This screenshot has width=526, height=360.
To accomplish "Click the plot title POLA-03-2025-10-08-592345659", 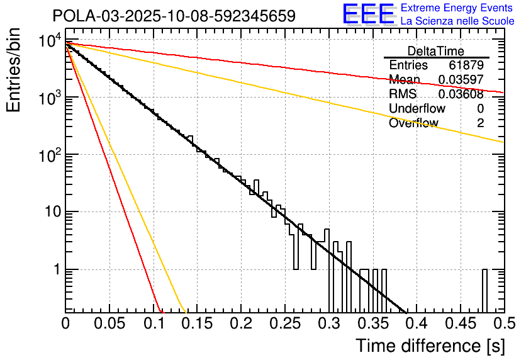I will point(174,16).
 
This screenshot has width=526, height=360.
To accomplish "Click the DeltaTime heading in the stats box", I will point(435,51).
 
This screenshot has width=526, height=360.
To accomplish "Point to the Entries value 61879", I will point(466,65).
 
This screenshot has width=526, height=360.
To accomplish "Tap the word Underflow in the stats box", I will point(417,109).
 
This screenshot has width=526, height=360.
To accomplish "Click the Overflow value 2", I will point(480,123).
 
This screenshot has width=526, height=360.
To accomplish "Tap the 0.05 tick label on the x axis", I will point(109,324).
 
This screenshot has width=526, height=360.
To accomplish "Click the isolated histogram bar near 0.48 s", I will point(484,290).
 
